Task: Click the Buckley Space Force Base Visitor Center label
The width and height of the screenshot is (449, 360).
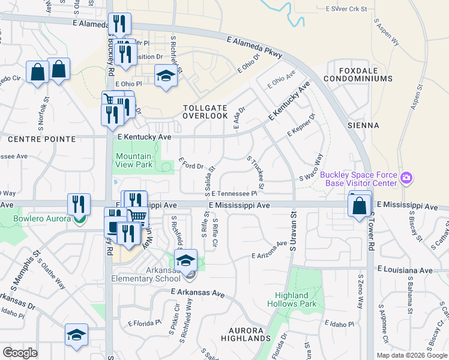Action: tap(358, 179)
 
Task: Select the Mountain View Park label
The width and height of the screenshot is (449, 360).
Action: tap(133, 160)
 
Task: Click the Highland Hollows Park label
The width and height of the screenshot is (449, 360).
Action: tap(295, 299)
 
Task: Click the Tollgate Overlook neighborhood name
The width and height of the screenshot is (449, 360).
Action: tap(205, 111)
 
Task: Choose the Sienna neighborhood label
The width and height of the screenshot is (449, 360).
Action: tap(363, 125)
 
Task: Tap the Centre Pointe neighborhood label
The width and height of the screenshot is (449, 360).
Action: tap(42, 139)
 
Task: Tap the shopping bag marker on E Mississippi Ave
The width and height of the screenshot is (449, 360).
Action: tap(359, 206)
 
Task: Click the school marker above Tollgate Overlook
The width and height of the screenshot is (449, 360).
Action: tap(166, 77)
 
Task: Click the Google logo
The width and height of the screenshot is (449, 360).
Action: tap(20, 353)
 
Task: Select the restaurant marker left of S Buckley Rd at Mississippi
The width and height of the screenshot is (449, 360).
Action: tap(79, 205)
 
